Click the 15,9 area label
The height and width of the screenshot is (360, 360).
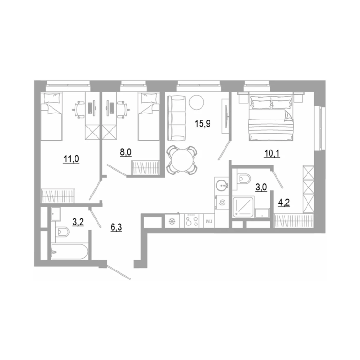202,124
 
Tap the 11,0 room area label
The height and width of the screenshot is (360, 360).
71,158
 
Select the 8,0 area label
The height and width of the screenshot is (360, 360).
126,152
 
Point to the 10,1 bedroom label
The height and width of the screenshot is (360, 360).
272,153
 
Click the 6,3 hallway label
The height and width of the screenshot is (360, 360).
116,227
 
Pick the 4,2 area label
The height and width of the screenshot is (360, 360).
284,202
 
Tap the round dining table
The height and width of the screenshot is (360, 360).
182,160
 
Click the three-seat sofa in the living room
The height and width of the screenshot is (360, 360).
177,118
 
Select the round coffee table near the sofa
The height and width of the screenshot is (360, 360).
197,102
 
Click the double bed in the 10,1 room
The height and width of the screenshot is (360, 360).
271,118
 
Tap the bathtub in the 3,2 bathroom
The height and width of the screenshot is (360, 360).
69,252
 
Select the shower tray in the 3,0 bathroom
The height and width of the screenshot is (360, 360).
243,206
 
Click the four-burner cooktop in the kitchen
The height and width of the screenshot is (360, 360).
192,221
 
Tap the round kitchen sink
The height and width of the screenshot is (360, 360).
222,184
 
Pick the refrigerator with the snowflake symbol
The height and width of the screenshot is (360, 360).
172,221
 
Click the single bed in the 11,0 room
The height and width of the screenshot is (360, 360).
52,116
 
